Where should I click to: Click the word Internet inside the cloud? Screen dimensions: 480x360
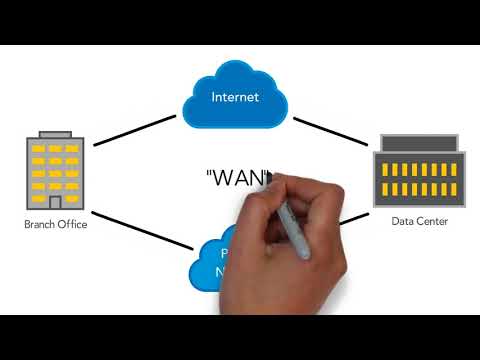coord(235,97)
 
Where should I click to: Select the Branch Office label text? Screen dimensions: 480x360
coord(55,225)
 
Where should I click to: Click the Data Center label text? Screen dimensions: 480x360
coord(419,221)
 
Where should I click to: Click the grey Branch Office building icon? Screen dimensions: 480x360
coord(55,172)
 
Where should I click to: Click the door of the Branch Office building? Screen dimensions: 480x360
coord(55,202)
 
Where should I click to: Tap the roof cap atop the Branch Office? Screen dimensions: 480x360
coord(55,134)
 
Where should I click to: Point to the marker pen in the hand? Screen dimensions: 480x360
coord(292,223)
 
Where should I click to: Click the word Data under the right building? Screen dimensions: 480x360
coord(402,221)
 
